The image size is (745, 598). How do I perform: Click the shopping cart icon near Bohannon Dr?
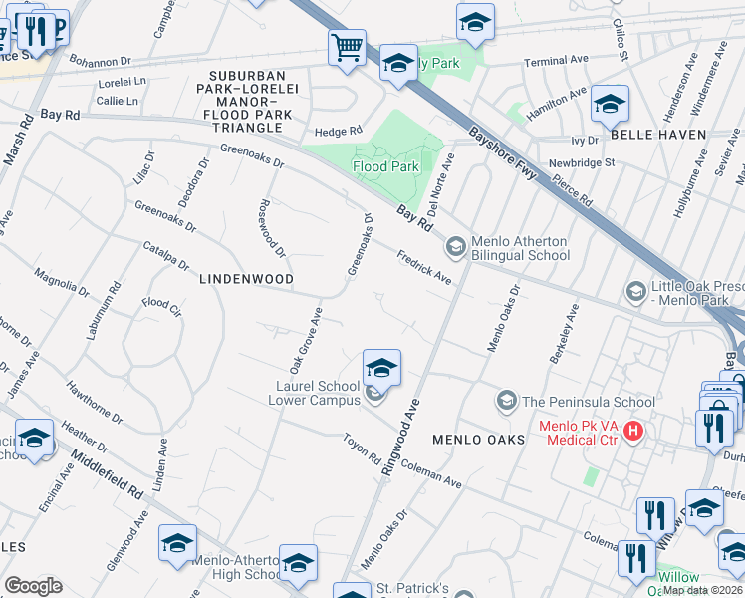(x=347, y=47)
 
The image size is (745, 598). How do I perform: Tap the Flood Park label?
(x=385, y=166)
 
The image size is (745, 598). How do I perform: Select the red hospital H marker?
(x=632, y=432)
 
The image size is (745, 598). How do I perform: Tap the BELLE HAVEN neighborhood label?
(x=658, y=134)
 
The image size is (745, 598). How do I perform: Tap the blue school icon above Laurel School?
(x=381, y=368)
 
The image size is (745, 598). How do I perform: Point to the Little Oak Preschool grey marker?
(x=635, y=291)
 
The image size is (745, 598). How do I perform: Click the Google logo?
(x=33, y=585)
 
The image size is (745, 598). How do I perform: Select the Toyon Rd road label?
(x=362, y=452)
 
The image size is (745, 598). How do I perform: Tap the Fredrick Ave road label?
(x=425, y=268)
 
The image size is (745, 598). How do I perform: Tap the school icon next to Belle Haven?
(x=610, y=103)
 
